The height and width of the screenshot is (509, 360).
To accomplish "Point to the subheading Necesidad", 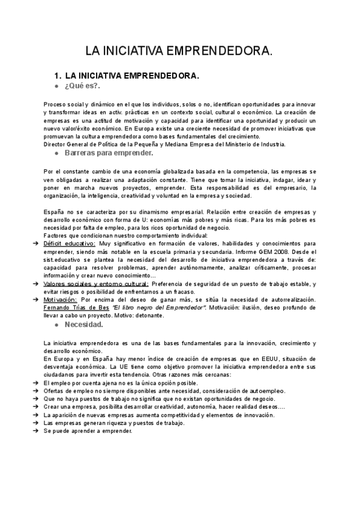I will (x=84, y=325).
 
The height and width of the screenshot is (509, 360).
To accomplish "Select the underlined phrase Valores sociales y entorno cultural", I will (x=97, y=283).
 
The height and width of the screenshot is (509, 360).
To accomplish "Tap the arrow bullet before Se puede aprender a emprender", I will (x=37, y=430).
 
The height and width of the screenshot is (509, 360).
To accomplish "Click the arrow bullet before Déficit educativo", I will (x=37, y=244).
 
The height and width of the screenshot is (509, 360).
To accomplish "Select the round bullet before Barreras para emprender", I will (x=56, y=153).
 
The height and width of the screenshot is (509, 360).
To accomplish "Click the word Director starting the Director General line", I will (x=56, y=144).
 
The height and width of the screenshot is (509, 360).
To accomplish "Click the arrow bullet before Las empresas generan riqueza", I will (x=37, y=422).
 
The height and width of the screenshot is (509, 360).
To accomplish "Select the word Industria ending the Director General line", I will (x=271, y=144).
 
